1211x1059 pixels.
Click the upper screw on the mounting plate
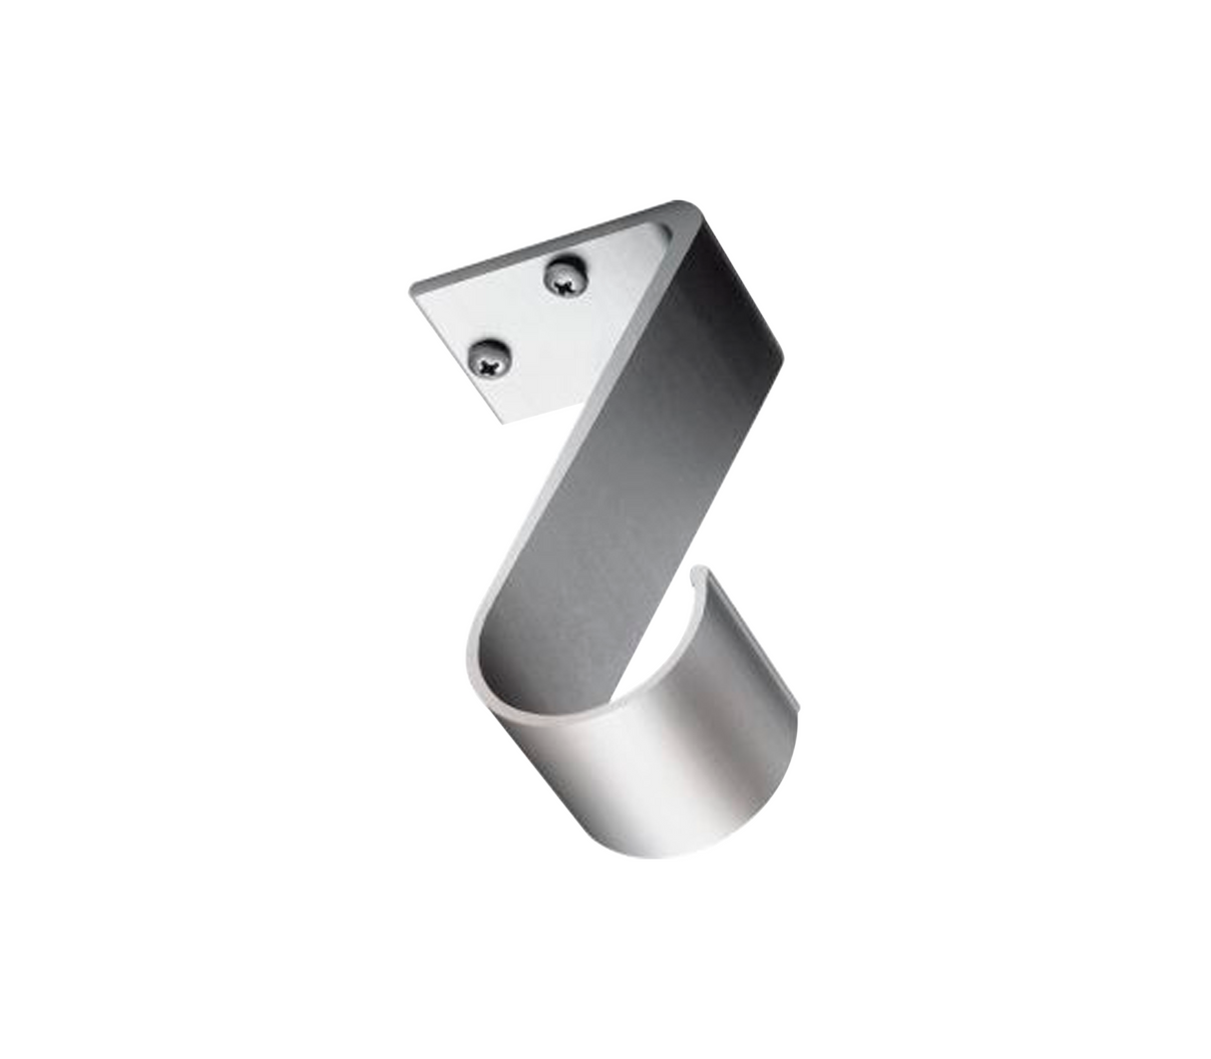(564, 276)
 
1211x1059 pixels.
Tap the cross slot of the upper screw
(565, 282)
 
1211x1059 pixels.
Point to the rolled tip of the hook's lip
(710, 573)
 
